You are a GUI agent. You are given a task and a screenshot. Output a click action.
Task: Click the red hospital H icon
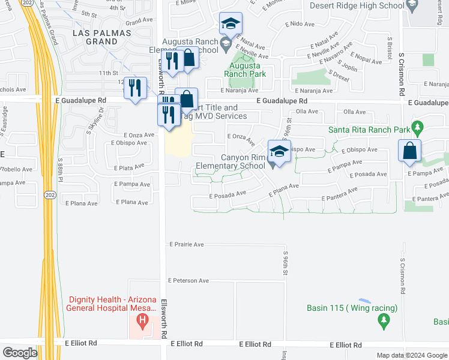coord(142,321)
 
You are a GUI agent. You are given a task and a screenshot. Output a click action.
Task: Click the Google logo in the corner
coord(20,353)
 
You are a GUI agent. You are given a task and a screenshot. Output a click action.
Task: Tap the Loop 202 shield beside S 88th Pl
coord(50,196)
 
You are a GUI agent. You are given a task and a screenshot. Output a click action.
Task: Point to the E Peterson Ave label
coord(188,280)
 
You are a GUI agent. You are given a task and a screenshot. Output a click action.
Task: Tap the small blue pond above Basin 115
coord(364,301)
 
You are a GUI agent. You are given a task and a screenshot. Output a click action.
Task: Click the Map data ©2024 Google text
coord(411,355)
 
